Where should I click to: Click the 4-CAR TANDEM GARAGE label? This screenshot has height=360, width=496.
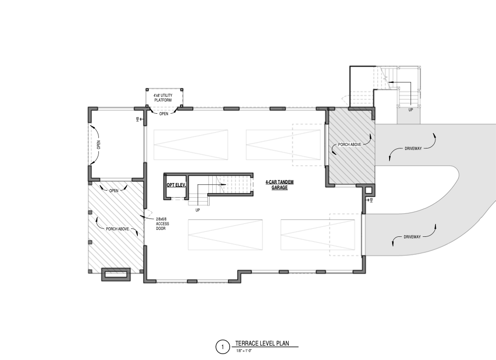click(280, 185)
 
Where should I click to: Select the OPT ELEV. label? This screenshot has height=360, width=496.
click(176, 185)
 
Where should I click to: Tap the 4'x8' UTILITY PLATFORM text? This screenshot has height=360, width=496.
click(163, 98)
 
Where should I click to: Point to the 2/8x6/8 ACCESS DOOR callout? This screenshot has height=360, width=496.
click(163, 224)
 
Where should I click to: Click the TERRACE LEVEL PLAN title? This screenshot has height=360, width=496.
click(262, 343)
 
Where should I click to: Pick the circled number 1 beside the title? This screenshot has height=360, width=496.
click(222, 347)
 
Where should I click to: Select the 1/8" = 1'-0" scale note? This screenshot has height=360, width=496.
click(244, 351)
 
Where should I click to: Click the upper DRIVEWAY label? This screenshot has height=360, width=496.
click(413, 148)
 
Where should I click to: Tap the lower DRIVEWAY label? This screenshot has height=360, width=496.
click(412, 237)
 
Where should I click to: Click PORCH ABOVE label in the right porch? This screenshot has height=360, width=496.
click(349, 144)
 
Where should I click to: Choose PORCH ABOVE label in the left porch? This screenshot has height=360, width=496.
click(117, 229)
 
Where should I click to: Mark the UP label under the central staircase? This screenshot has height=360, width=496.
click(198, 210)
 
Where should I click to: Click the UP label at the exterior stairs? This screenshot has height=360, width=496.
click(411, 110)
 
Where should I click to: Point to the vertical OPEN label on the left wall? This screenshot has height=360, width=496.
click(98, 145)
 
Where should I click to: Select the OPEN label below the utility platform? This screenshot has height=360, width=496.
click(164, 114)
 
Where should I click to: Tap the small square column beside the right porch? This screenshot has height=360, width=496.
click(368, 191)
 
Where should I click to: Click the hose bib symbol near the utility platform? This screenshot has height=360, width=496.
click(138, 119)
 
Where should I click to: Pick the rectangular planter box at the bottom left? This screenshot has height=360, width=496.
click(116, 275)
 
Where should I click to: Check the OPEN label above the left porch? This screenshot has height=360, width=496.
click(114, 191)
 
